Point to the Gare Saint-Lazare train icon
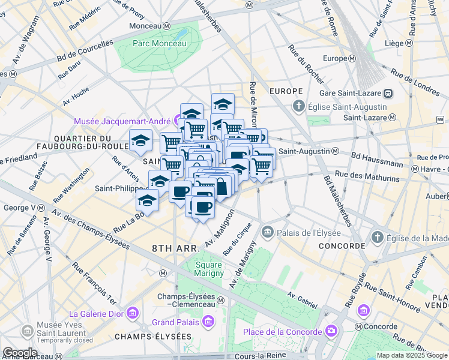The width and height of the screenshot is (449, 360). click(x=389, y=93)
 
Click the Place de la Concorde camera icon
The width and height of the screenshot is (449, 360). click(x=330, y=332)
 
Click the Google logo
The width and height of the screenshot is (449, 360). click(x=20, y=353)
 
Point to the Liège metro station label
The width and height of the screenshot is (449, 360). click(x=394, y=43)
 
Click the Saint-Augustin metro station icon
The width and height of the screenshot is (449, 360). click(x=335, y=151)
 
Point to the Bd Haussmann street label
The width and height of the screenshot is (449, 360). click(x=377, y=161)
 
